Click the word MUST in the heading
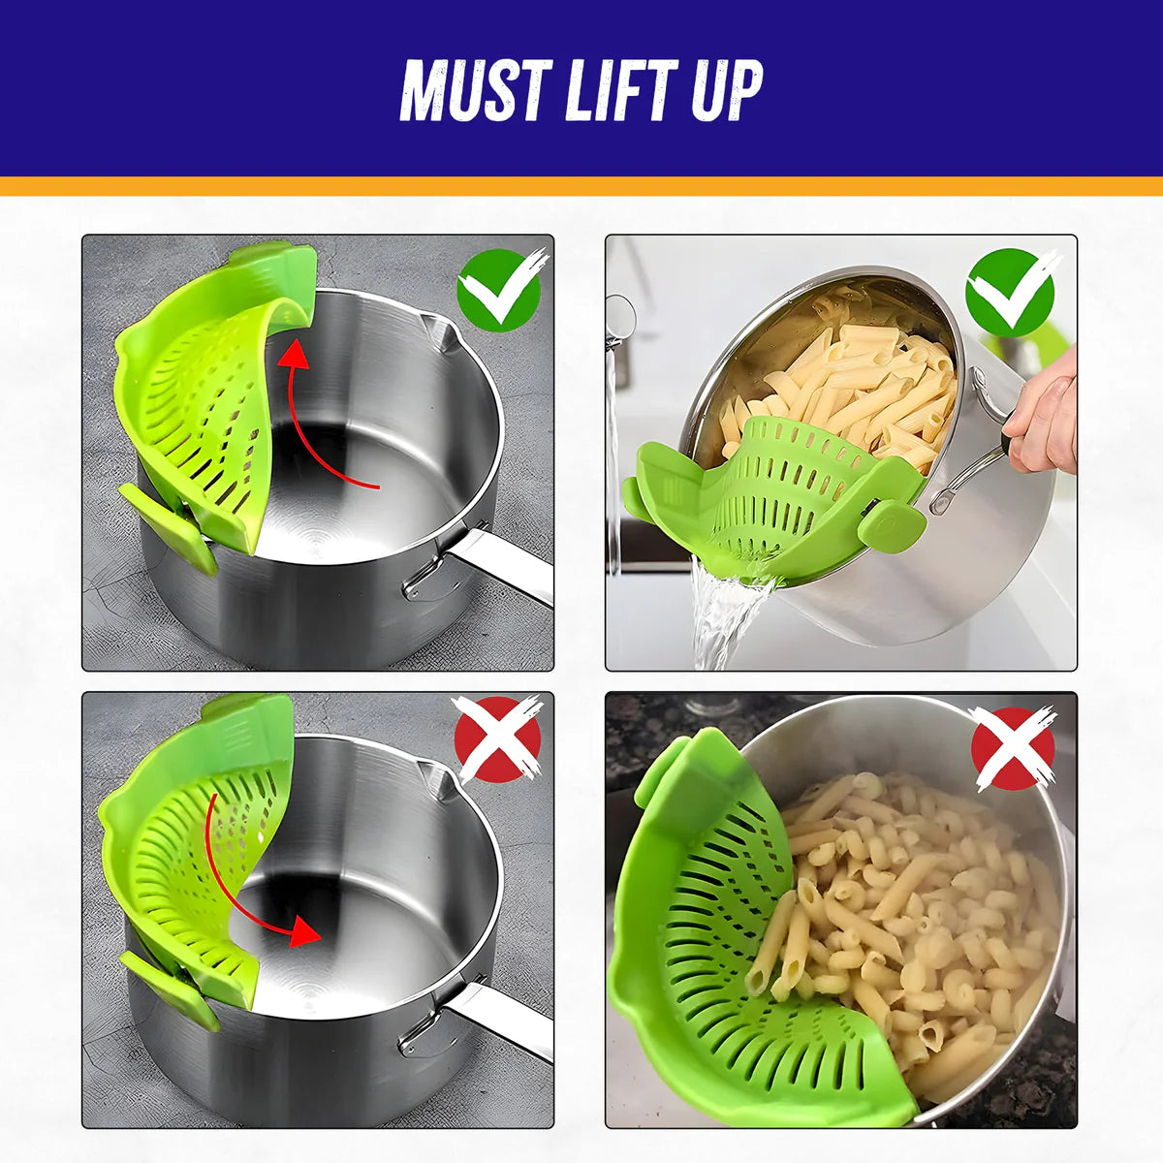click(x=476, y=90)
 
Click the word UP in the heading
click(x=726, y=90)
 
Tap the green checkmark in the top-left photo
click(x=498, y=288)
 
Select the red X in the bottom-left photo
click(x=497, y=739)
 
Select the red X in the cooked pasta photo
click(x=1012, y=747)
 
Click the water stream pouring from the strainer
click(x=722, y=615)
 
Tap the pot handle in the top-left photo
click(x=504, y=562)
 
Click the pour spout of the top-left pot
click(x=441, y=334)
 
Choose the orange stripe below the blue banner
click(x=581, y=186)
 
